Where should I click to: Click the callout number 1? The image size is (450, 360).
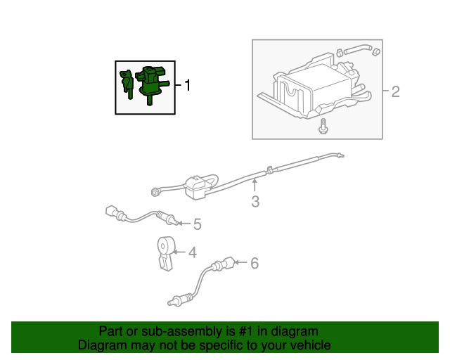pos(188,86)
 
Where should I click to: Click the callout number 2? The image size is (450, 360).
pos(395,91)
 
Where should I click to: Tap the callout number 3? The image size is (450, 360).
pos(255,202)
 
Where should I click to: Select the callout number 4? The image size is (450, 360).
pos(192,252)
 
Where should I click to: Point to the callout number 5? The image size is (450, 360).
pos(197,224)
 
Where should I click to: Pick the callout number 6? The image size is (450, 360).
pos(255,263)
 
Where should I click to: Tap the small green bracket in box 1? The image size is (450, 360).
pos(127,84)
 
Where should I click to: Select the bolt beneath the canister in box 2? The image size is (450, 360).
pos(323,127)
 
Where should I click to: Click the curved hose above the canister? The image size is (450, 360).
pos(359,51)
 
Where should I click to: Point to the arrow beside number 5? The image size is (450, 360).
pos(182,224)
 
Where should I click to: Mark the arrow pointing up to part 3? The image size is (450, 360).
pos(255,186)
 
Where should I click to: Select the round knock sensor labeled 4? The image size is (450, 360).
pos(165,245)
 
